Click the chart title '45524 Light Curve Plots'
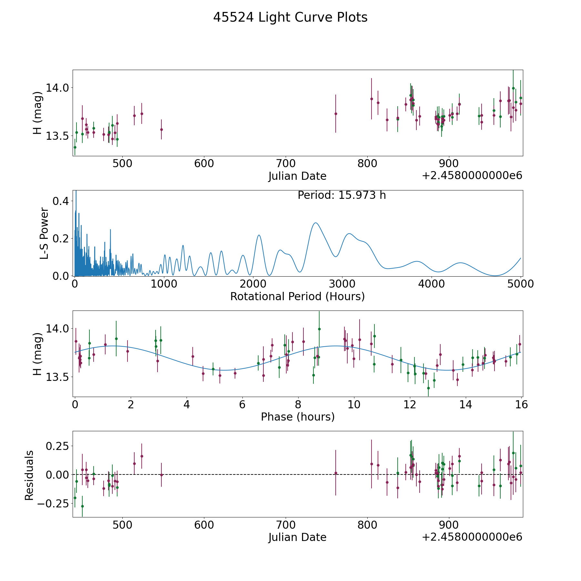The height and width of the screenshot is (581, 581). pos(290,17)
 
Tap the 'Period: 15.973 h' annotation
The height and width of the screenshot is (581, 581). pos(341,195)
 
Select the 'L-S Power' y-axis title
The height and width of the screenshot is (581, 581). pos(44,233)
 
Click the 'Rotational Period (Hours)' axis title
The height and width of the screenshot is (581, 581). pos(297,296)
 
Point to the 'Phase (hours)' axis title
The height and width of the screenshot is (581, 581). pos(298,417)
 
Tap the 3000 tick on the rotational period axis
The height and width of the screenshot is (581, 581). pos(342,284)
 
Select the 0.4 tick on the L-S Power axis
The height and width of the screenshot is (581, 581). pos(61,201)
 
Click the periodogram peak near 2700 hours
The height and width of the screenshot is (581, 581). pos(315,223)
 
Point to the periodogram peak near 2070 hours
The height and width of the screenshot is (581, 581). pos(259,235)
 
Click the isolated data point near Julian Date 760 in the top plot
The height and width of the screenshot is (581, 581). pos(336,114)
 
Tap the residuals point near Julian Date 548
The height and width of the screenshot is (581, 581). pos(161,475)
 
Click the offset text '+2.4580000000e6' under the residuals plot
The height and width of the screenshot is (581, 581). pos(472,537)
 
